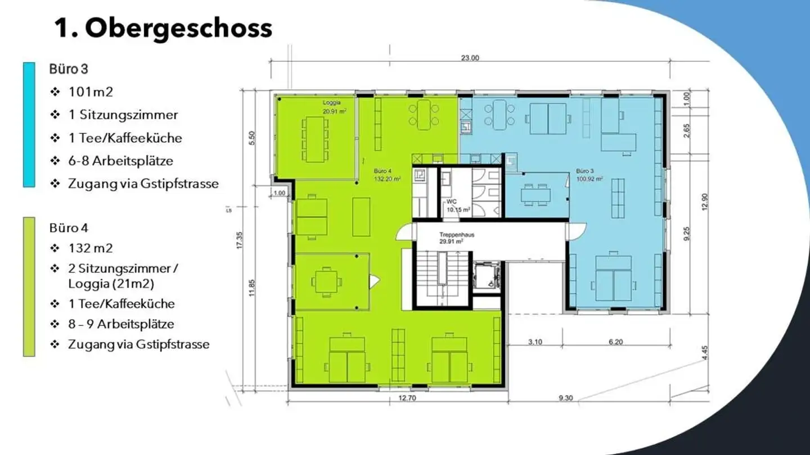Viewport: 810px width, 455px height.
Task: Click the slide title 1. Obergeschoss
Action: [x=164, y=29]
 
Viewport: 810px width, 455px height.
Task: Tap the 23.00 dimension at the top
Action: [x=470, y=58]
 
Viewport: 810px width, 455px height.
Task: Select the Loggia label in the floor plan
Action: [x=332, y=103]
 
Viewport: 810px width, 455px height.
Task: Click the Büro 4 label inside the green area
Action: [x=382, y=171]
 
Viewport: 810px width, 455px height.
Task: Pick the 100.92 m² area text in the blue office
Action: [x=589, y=179]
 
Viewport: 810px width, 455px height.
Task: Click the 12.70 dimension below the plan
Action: [x=407, y=398]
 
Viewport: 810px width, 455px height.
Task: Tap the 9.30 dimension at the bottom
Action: [x=566, y=398]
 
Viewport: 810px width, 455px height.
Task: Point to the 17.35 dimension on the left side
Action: [x=240, y=240]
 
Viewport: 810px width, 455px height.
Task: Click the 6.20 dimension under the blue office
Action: [x=616, y=342]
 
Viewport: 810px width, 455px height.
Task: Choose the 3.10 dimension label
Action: [x=535, y=342]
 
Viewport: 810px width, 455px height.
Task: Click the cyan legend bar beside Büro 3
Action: [x=29, y=125]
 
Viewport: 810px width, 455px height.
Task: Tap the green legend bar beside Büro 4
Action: [x=29, y=286]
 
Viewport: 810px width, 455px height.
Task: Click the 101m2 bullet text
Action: [x=91, y=92]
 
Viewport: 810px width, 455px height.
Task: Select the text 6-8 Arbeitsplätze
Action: [x=121, y=161]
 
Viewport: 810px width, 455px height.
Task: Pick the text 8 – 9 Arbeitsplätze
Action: [x=121, y=324]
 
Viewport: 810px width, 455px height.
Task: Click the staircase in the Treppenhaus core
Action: [x=442, y=278]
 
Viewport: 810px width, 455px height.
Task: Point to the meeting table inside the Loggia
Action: [x=314, y=139]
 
